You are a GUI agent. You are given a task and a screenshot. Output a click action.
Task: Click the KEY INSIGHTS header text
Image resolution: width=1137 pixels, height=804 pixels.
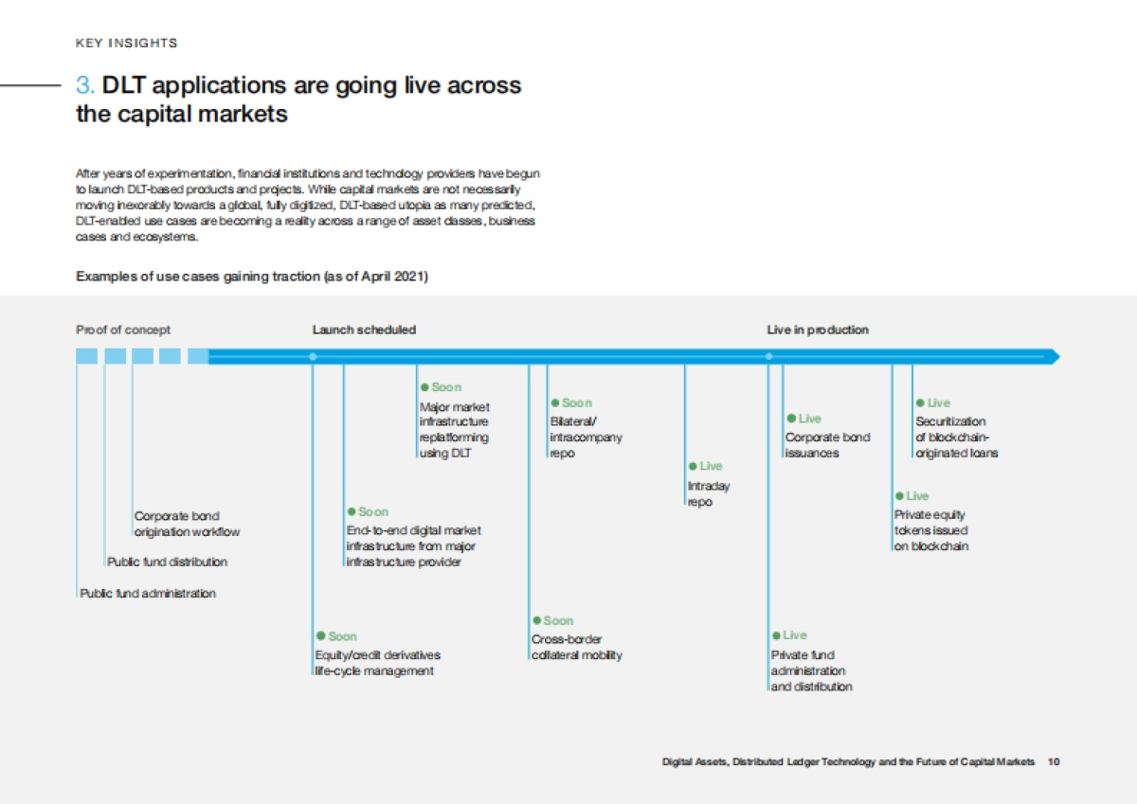[126, 44]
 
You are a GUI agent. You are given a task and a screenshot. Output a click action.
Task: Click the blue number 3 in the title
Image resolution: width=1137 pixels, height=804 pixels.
[84, 85]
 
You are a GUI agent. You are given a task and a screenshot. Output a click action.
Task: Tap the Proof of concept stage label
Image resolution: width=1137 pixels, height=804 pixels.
[123, 330]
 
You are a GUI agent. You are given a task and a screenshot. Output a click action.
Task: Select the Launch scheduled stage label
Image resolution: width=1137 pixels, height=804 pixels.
[364, 330]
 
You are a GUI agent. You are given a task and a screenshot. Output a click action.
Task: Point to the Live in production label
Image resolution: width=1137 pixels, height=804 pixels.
[818, 330]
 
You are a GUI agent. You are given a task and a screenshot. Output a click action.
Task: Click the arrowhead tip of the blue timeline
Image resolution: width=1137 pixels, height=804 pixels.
[1059, 357]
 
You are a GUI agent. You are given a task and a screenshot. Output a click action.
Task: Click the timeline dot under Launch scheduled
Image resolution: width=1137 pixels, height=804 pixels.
[314, 357]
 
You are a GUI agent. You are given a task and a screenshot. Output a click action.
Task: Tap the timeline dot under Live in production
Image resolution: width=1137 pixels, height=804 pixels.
[769, 357]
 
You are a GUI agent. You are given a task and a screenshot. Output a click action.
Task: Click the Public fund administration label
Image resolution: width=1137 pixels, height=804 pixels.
[148, 594]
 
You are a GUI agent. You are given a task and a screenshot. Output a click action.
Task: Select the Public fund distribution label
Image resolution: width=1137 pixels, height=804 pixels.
[167, 562]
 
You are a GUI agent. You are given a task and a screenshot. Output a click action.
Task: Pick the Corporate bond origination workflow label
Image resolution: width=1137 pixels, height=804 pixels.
[187, 524]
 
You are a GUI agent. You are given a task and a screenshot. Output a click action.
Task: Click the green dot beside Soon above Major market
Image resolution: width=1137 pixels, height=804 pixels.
[424, 387]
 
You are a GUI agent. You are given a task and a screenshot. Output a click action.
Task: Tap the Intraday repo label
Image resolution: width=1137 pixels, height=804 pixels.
[709, 494]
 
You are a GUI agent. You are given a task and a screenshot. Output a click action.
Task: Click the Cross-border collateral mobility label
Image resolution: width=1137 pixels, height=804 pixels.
[577, 647]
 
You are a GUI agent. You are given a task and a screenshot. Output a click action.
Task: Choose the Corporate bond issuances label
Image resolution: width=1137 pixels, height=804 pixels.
[827, 445]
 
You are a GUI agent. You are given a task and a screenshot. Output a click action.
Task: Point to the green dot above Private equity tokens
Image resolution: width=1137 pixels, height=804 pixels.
[900, 496]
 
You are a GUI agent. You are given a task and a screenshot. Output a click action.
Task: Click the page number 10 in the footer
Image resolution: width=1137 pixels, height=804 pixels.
[1054, 762]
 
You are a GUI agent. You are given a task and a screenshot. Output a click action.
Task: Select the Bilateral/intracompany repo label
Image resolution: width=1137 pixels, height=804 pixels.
[586, 438]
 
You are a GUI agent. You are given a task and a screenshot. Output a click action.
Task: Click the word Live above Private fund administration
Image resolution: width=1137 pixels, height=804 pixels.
[795, 635]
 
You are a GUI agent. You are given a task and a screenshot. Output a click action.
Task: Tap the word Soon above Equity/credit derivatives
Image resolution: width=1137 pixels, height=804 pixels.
[343, 636]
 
